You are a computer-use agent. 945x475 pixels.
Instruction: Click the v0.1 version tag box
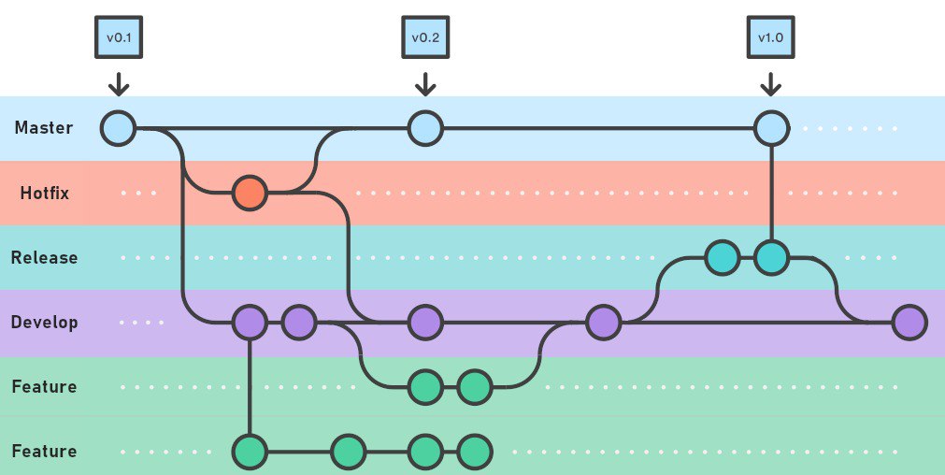(118, 38)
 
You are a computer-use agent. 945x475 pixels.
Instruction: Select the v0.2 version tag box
(425, 38)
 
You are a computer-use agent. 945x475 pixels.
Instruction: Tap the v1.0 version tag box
(771, 38)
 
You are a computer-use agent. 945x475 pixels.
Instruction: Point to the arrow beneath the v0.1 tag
(118, 83)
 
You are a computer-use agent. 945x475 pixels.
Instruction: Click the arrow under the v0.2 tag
(425, 83)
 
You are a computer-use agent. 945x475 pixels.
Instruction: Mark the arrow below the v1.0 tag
(771, 83)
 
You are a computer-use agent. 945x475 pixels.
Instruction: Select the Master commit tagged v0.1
(119, 128)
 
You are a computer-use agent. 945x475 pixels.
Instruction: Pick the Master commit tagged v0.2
(425, 128)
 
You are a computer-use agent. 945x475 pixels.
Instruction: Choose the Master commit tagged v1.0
(771, 128)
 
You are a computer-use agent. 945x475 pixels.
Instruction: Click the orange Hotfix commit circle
(250, 194)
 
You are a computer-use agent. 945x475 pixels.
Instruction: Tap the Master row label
(43, 128)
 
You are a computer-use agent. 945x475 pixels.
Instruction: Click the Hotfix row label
(45, 194)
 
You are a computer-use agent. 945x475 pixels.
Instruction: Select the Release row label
(44, 257)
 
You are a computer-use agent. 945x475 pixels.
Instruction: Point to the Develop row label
(44, 323)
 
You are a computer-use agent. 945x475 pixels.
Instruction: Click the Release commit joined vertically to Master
(771, 257)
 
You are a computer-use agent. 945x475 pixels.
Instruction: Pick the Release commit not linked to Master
(722, 257)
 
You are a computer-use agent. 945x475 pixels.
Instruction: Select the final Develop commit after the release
(909, 323)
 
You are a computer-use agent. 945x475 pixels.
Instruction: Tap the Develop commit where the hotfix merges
(425, 323)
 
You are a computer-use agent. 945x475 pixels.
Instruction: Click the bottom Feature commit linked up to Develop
(250, 452)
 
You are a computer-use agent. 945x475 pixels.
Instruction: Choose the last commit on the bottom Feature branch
(475, 452)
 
